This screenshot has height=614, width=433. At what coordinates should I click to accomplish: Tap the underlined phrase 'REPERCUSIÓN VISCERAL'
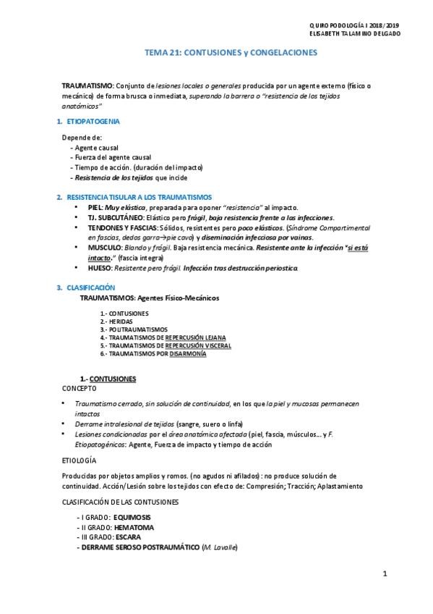(197, 346)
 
